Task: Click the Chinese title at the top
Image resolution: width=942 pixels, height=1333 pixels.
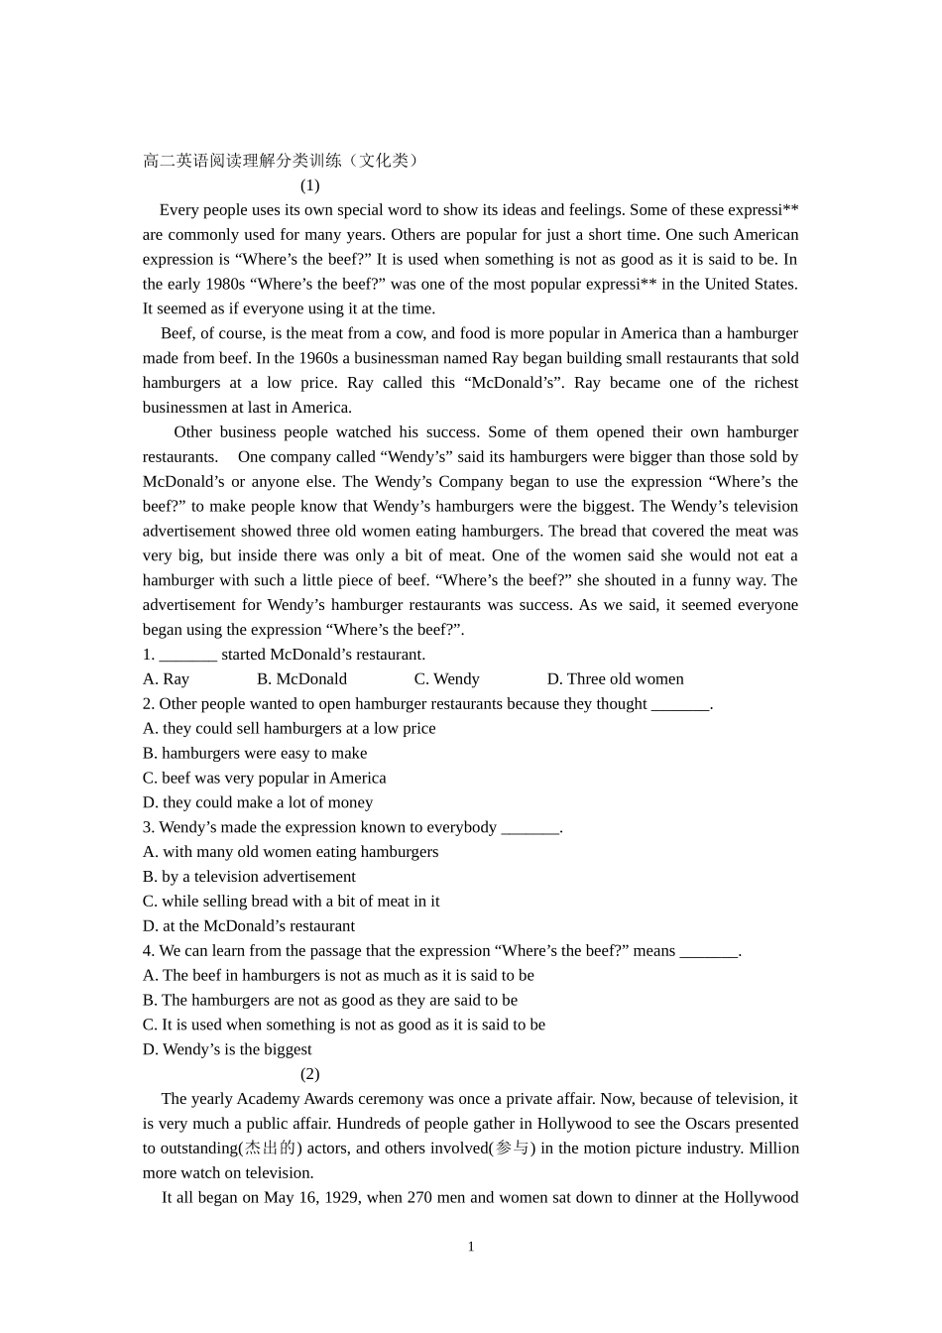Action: tap(282, 161)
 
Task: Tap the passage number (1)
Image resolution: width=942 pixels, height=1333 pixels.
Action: tap(309, 185)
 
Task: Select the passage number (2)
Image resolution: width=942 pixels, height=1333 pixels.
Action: tap(309, 1074)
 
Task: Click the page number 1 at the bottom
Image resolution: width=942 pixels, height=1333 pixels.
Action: tap(471, 1247)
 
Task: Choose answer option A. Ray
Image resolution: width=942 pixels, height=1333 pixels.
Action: tap(166, 679)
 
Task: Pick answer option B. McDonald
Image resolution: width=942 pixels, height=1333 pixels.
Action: tap(301, 679)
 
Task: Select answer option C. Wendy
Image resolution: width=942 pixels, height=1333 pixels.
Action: tap(446, 679)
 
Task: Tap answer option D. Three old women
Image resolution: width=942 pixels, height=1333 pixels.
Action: tap(615, 679)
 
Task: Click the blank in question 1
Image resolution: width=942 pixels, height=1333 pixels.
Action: tap(187, 655)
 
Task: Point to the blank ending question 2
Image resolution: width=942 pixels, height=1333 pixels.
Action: tap(680, 704)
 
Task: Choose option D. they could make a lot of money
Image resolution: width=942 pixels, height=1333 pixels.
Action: tap(258, 802)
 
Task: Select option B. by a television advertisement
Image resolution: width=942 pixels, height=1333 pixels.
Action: tap(249, 877)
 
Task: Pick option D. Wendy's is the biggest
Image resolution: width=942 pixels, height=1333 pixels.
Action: tap(227, 1049)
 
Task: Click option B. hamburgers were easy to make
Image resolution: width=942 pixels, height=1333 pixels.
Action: tap(255, 754)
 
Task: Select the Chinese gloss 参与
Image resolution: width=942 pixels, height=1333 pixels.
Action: tap(512, 1149)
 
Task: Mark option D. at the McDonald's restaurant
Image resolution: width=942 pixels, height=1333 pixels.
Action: tap(249, 926)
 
